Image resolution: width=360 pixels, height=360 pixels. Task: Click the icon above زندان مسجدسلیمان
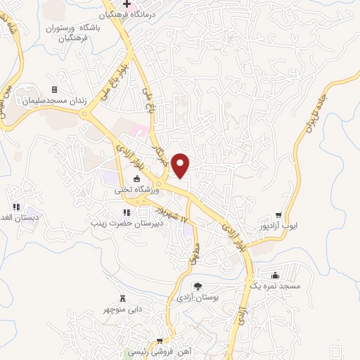[54, 89]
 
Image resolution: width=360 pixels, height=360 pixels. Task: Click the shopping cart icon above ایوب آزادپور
[279, 215]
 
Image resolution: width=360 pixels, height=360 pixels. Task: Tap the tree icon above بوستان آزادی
[198, 287]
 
